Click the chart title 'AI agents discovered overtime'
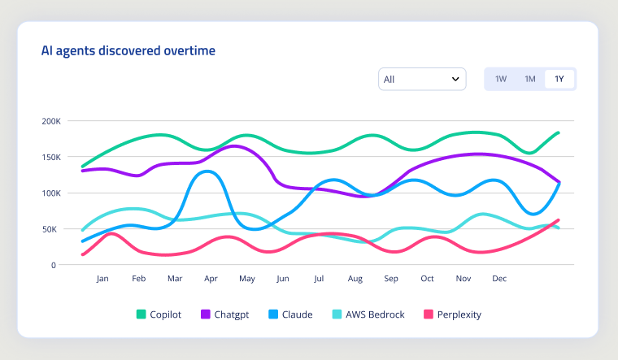coord(128,51)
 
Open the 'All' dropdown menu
coord(421,79)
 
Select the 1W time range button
coord(501,79)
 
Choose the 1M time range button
coord(529,79)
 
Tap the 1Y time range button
coord(559,79)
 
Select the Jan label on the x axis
coord(102,279)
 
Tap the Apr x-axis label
coord(211,279)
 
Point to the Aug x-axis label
coord(355,279)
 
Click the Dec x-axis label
coord(499,279)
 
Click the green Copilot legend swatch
coord(141,314)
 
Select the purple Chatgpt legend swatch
coord(206,314)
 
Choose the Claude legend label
coord(296,314)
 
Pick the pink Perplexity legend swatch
coord(429,314)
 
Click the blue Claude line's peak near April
coord(208,171)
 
